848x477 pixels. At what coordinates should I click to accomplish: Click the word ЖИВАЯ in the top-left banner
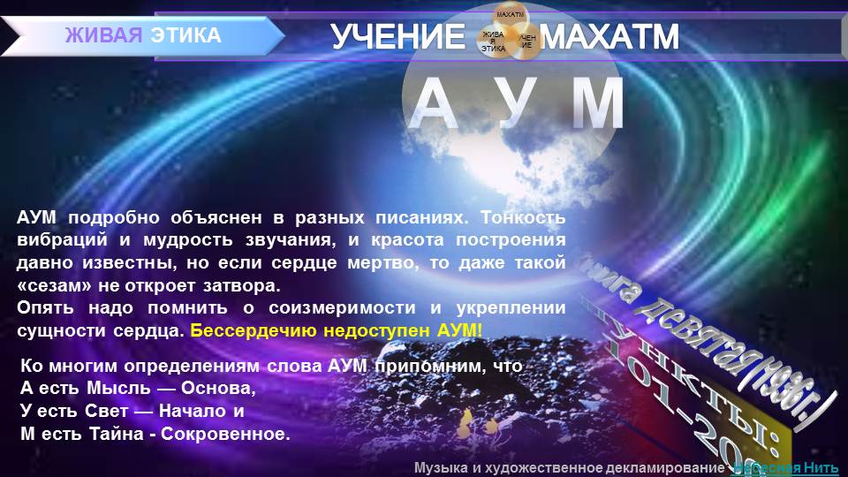(x=103, y=35)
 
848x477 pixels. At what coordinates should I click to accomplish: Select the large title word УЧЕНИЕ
(x=397, y=37)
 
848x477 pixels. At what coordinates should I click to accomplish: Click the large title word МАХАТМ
(x=610, y=37)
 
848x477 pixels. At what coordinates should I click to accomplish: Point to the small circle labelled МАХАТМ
(x=510, y=16)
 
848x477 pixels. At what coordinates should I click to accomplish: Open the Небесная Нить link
(x=788, y=467)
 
